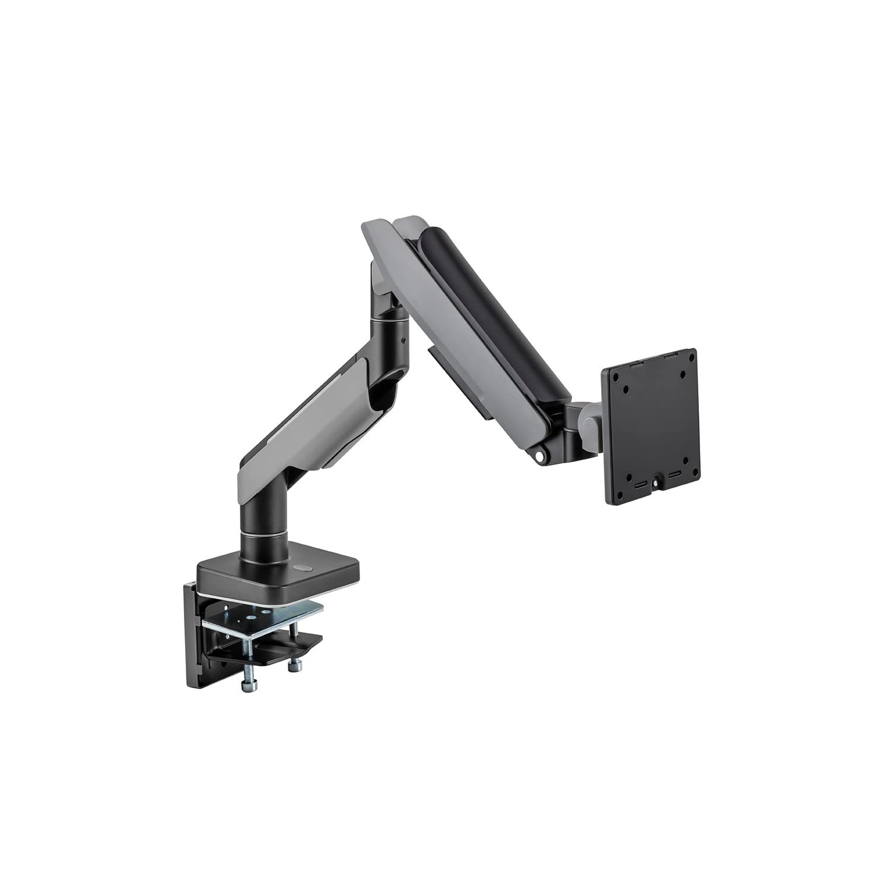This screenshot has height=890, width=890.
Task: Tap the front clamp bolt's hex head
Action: pos(246,686)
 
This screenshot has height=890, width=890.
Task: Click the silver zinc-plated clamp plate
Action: pos(261,617)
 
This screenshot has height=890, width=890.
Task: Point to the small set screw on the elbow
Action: pos(403,341)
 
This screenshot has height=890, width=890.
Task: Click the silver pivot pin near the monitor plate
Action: pos(541,456)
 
